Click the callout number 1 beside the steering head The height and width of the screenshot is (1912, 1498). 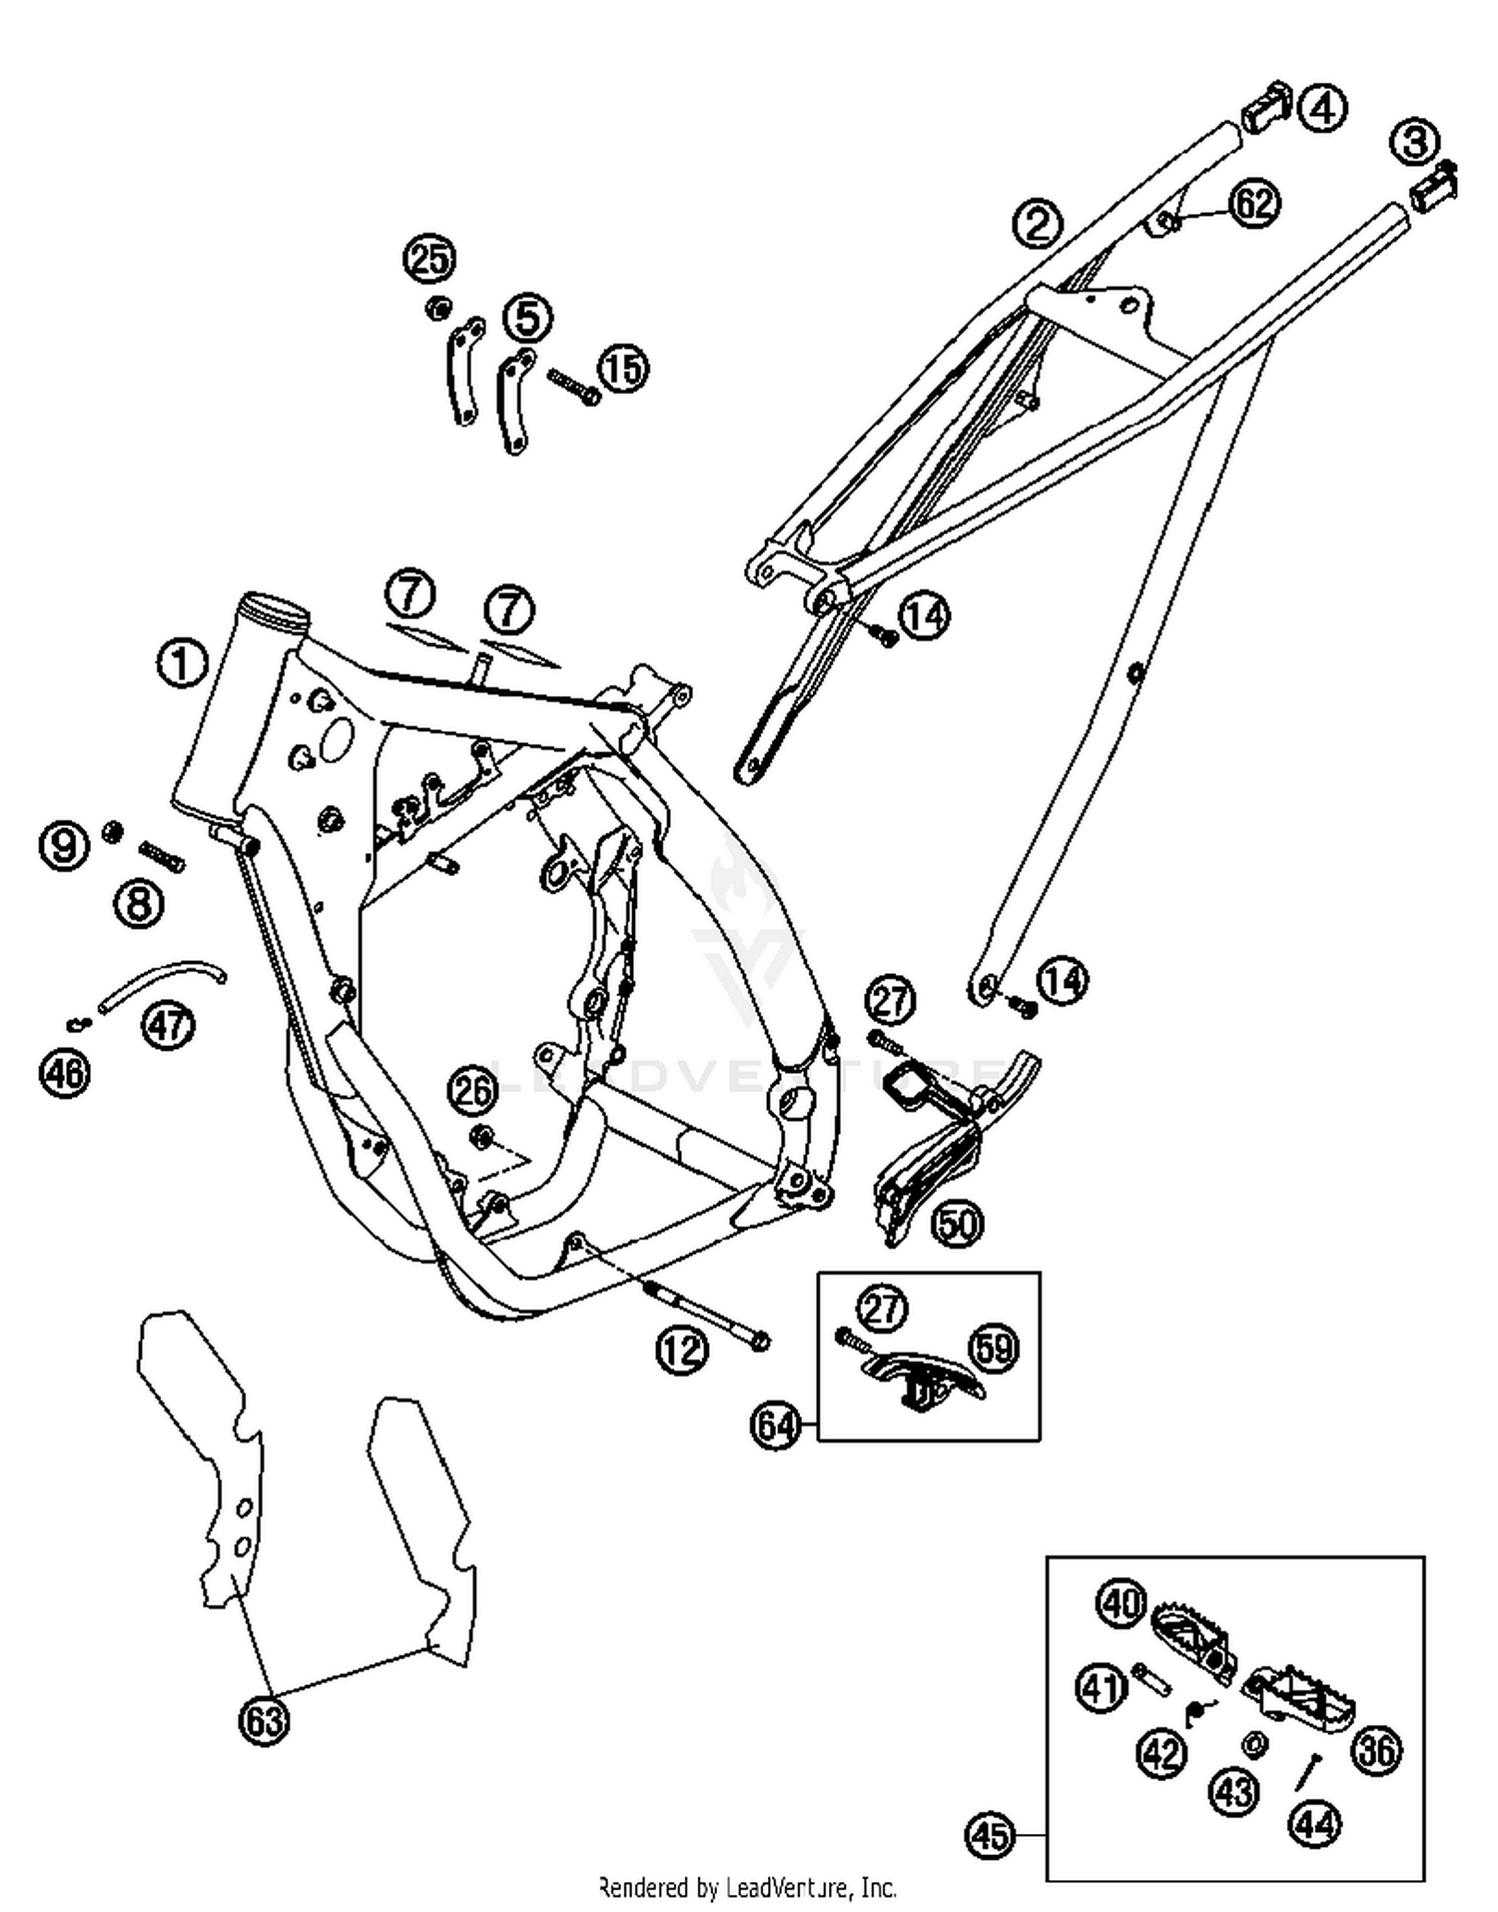tap(182, 663)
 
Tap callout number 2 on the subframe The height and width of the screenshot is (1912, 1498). tap(1038, 222)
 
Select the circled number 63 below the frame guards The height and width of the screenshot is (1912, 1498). tap(264, 1720)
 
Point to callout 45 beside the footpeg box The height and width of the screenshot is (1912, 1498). tap(990, 1836)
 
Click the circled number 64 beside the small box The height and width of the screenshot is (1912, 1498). tap(776, 1425)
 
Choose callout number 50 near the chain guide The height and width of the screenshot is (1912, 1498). tap(957, 1224)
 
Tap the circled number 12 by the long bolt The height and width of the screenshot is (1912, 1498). tap(682, 1350)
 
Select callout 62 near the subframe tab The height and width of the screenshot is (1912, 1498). tap(1254, 203)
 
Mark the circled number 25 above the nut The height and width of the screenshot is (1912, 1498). tap(429, 260)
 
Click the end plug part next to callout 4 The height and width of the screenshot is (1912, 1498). tap(1265, 107)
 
